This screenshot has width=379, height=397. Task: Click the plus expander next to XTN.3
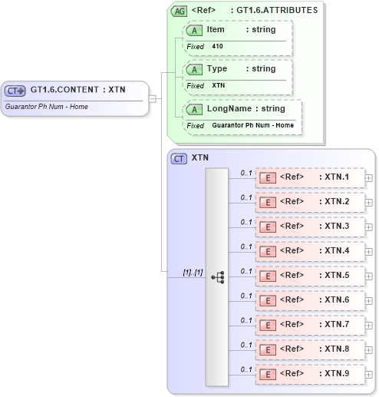[x=369, y=227]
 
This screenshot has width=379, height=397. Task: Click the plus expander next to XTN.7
[x=369, y=325]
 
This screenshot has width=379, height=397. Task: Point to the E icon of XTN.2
[x=268, y=202]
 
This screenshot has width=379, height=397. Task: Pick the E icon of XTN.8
[x=268, y=349]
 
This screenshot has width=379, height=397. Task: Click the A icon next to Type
[x=195, y=69]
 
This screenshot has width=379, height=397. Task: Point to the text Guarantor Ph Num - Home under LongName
[x=252, y=125]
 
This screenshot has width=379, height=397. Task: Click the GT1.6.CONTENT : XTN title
[x=78, y=89]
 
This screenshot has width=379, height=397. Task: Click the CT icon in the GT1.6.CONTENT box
[x=15, y=90]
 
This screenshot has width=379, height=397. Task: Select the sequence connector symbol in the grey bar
[x=217, y=277]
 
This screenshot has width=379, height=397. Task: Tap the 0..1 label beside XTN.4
[x=246, y=246]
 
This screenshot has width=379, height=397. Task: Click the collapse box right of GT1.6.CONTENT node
[x=153, y=98]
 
